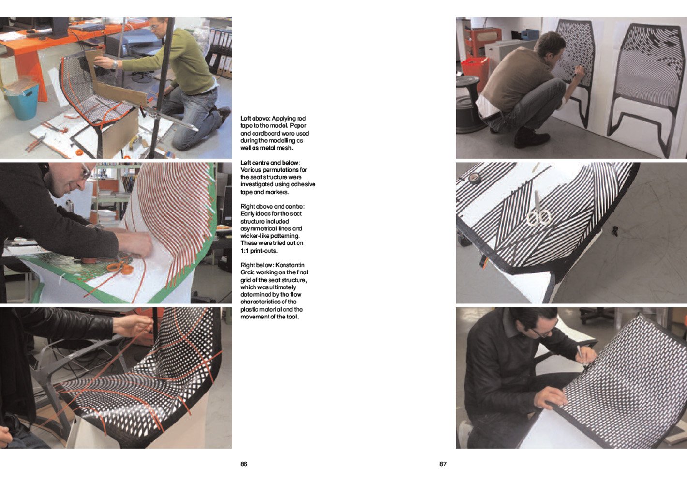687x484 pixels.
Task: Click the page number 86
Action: click(244, 464)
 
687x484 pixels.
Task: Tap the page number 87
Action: click(443, 464)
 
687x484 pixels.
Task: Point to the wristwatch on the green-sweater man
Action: click(115, 64)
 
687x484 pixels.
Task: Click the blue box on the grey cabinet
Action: click(530, 34)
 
